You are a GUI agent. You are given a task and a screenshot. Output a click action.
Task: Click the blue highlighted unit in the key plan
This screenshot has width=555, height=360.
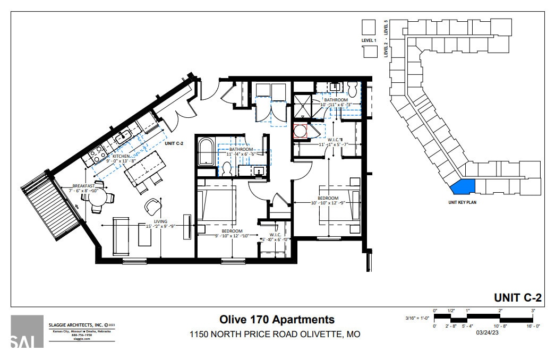(462, 187)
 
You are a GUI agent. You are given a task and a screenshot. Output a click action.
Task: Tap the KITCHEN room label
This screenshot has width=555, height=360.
(121, 157)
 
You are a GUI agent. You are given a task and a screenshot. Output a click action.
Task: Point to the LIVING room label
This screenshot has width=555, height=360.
(161, 221)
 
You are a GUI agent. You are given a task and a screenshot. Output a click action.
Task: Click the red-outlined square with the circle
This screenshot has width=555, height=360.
(301, 131)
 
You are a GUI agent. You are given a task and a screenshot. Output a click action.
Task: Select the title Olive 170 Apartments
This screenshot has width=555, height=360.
(277, 320)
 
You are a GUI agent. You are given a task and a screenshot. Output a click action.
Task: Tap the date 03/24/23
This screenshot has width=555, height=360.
(487, 333)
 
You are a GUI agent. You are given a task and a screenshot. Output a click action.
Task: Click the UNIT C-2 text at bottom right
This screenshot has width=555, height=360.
(517, 297)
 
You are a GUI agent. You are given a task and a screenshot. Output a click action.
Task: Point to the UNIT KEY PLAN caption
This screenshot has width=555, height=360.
(461, 202)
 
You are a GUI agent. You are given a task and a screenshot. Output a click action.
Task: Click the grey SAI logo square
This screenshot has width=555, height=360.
(27, 331)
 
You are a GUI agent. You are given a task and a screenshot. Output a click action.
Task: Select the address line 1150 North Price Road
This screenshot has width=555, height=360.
(275, 335)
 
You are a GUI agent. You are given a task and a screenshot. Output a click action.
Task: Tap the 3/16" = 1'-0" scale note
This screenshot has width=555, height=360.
(417, 318)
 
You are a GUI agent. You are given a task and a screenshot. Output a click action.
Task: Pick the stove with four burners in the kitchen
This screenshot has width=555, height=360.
(96, 155)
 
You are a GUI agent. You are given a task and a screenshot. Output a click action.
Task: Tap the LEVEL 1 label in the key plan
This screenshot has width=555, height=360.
(369, 40)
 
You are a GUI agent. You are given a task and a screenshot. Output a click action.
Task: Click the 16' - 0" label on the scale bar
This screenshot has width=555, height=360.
(533, 326)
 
